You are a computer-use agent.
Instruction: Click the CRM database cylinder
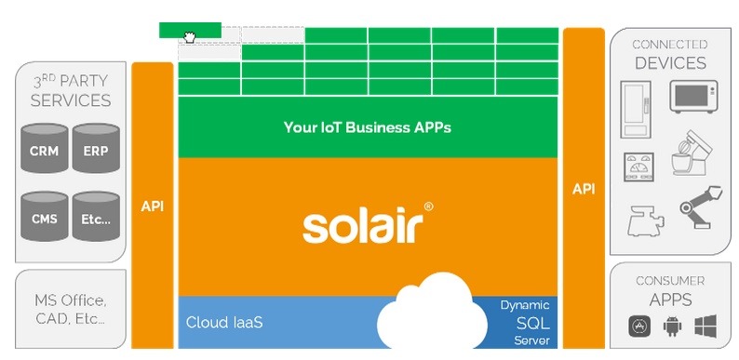(44, 149)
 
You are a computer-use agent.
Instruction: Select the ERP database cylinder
(95, 149)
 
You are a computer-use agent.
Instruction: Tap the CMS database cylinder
(44, 219)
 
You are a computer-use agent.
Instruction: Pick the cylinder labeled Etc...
(95, 219)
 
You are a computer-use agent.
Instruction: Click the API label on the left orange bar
(152, 206)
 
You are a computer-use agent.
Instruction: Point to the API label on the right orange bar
(584, 189)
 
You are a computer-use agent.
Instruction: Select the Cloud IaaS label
(224, 323)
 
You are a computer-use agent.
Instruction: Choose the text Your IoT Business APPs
(367, 127)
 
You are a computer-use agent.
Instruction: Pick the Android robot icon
(672, 326)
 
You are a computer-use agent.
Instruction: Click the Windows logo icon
(705, 326)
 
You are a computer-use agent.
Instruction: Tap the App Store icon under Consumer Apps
(639, 326)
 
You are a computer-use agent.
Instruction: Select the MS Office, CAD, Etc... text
(70, 311)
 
